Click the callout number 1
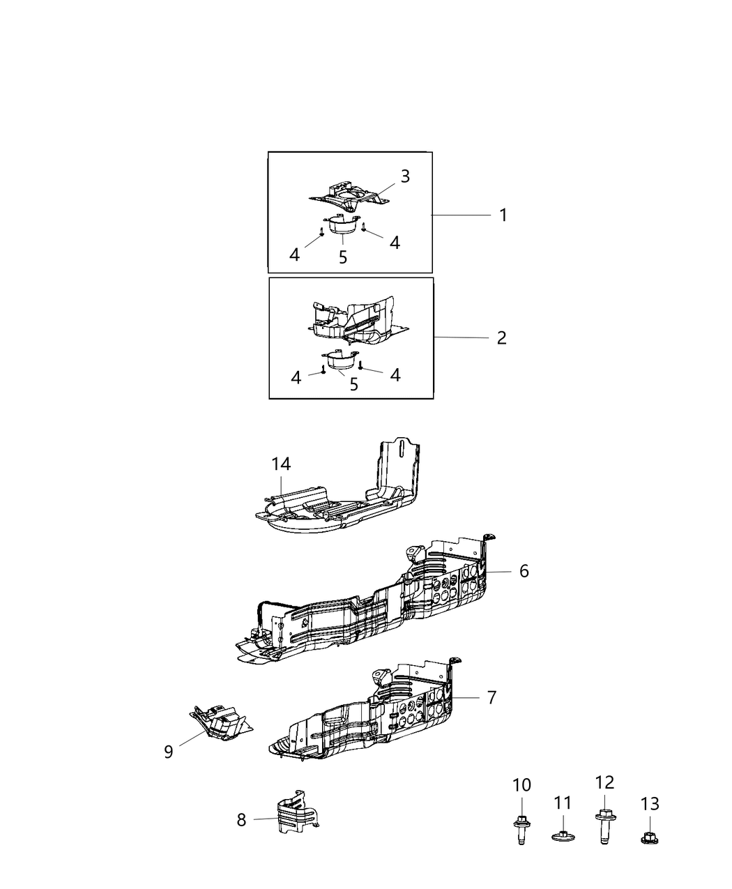(x=503, y=215)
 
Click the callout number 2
(x=501, y=337)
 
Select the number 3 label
(x=405, y=176)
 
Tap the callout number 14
(x=281, y=464)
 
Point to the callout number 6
(x=524, y=571)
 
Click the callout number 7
(x=492, y=697)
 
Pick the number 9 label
(x=168, y=752)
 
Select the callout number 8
(x=241, y=819)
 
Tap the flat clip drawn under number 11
(x=562, y=835)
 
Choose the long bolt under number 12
(x=604, y=827)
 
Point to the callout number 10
(x=521, y=785)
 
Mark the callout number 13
(x=649, y=804)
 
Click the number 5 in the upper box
(x=343, y=257)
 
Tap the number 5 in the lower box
(x=354, y=384)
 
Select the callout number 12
(x=604, y=782)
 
